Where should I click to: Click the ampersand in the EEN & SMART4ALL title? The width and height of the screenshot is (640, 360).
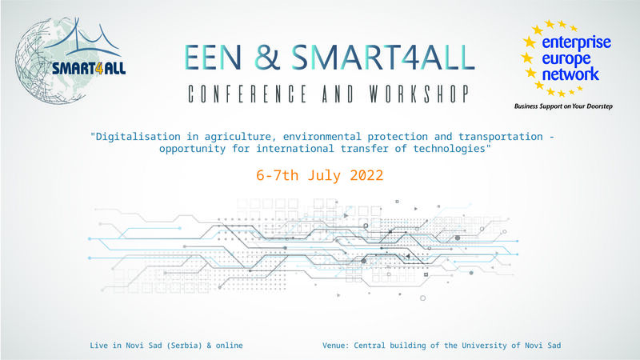(x=267, y=56)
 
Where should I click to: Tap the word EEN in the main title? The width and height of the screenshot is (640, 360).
(x=213, y=57)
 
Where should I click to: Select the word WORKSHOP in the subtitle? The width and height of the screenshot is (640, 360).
(x=419, y=94)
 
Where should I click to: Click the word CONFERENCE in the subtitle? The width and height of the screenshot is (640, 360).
(x=247, y=94)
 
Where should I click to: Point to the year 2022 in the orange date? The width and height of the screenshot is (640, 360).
(x=366, y=175)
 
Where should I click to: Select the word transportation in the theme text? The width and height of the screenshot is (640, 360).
(x=501, y=136)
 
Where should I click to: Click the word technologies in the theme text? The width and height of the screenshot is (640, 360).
(x=449, y=148)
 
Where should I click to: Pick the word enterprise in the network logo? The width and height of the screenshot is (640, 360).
(x=576, y=43)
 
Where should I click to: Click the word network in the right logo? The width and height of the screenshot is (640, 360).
(x=570, y=74)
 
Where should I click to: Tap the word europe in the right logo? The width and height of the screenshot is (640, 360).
(x=566, y=59)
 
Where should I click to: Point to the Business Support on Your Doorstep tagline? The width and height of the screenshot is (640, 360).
(x=563, y=106)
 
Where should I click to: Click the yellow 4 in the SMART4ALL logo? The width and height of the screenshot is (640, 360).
(x=98, y=68)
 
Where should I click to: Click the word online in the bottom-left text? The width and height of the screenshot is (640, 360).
(x=230, y=346)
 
